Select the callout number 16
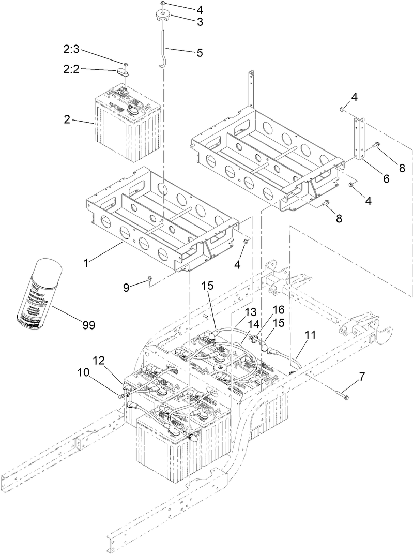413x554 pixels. [x=278, y=310]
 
